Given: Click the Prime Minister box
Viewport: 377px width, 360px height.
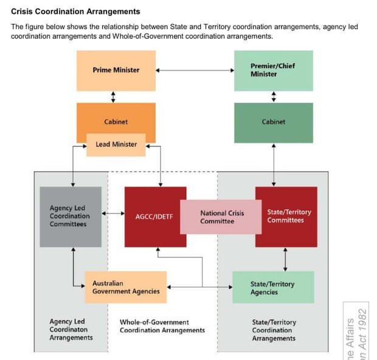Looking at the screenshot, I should pyautogui.click(x=116, y=71).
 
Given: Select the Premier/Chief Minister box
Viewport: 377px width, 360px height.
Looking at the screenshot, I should pyautogui.click(x=273, y=71).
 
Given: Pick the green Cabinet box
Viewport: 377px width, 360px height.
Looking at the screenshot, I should pyautogui.click(x=273, y=122).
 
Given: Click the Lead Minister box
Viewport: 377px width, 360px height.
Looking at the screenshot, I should pyautogui.click(x=116, y=145).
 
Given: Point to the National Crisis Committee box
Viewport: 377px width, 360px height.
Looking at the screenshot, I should pyautogui.click(x=222, y=217).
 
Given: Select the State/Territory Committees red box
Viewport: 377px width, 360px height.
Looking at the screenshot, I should pyautogui.click(x=289, y=216).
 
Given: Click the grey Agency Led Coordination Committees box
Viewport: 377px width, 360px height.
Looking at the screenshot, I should pyautogui.click(x=70, y=216).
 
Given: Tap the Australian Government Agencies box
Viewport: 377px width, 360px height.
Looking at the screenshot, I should pyautogui.click(x=125, y=287).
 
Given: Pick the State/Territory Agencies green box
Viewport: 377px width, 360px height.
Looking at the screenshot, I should pyautogui.click(x=273, y=288).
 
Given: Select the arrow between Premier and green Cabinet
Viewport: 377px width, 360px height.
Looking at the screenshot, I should pyautogui.click(x=273, y=97).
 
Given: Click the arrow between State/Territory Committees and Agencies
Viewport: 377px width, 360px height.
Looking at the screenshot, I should pyautogui.click(x=285, y=259).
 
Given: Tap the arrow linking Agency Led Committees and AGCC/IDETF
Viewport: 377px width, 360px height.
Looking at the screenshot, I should pyautogui.click(x=112, y=214).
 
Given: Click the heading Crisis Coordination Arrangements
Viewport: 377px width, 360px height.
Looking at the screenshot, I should pyautogui.click(x=75, y=12).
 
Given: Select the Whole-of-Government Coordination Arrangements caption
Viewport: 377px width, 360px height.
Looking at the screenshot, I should pyautogui.click(x=162, y=327).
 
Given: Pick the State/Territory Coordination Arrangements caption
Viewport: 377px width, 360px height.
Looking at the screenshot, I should pyautogui.click(x=273, y=330).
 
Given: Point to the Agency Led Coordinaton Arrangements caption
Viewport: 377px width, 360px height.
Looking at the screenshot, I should pyautogui.click(x=71, y=330).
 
